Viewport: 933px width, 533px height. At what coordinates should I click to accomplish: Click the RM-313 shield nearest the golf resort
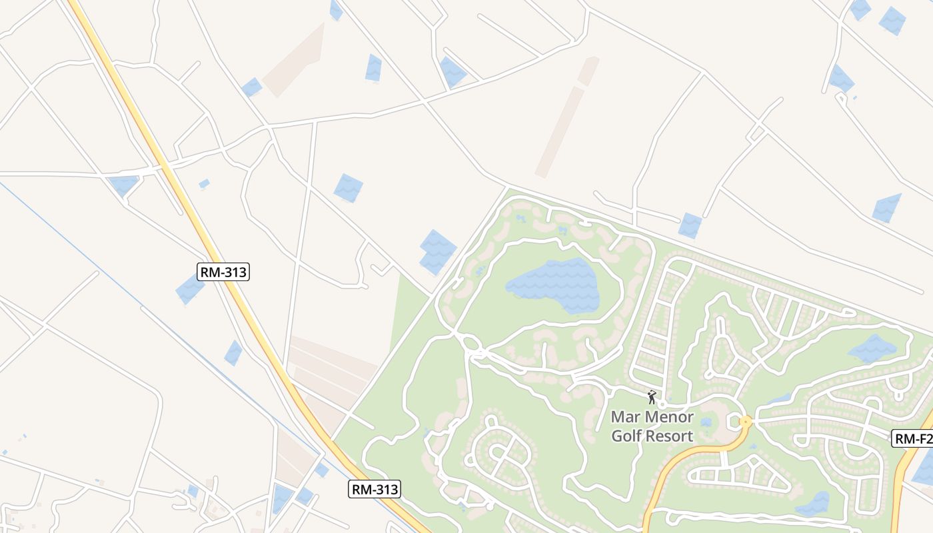tap(375, 489)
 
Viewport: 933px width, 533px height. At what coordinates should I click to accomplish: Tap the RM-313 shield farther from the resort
tap(223, 271)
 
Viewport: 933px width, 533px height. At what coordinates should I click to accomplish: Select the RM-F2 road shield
tap(912, 438)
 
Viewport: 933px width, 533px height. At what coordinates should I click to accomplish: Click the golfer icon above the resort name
tap(652, 398)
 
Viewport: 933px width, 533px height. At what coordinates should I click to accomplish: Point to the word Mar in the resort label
tap(624, 418)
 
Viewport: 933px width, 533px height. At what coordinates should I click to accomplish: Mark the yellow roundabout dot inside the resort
tap(746, 421)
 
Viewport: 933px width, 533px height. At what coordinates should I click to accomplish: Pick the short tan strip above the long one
tap(588, 71)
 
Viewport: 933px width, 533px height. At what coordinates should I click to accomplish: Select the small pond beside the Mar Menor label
tap(706, 422)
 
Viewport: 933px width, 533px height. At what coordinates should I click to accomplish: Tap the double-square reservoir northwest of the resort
tap(437, 252)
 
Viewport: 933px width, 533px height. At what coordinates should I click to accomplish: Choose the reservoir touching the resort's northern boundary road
tap(690, 225)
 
